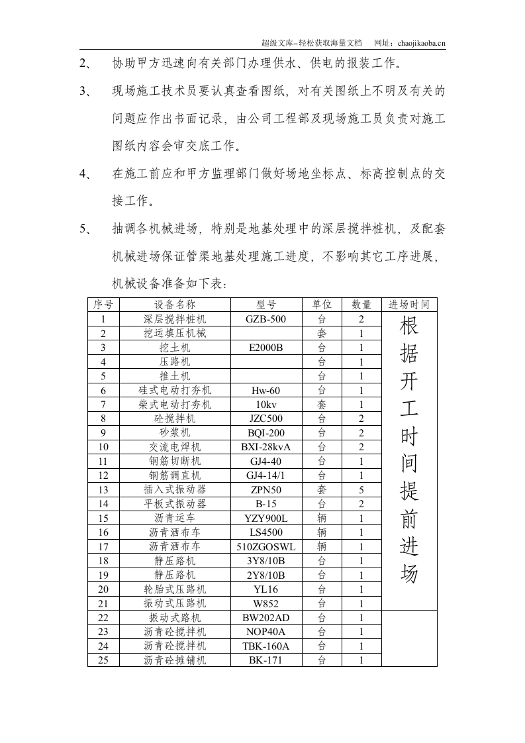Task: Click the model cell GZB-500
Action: [265, 319]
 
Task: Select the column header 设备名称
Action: [175, 305]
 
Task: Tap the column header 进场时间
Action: [409, 305]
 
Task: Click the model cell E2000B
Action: [265, 347]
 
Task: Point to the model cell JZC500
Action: [265, 419]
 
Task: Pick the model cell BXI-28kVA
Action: [265, 447]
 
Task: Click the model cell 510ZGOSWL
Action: [265, 547]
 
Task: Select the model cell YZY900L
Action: [265, 519]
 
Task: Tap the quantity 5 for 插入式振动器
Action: [361, 489]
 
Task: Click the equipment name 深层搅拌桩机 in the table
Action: [175, 319]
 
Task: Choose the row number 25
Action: [103, 660]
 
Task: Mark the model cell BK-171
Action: [265, 660]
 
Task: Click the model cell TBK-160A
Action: [265, 646]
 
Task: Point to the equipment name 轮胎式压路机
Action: [175, 589]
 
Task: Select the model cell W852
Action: [265, 603]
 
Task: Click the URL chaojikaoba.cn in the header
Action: [422, 43]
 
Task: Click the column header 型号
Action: [265, 305]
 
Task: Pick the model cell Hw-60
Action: [265, 390]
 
